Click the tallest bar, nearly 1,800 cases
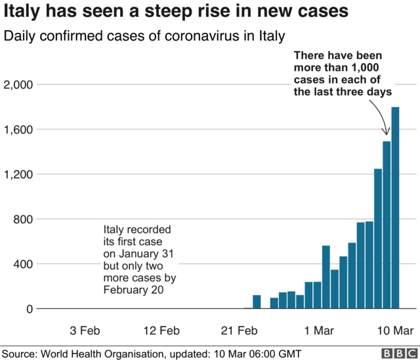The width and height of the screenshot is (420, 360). (396, 208)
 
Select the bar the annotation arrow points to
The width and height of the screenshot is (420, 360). (387, 225)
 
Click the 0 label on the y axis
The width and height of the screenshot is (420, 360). (30, 309)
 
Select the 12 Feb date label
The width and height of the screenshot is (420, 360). (161, 330)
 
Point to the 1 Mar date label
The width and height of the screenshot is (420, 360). (318, 330)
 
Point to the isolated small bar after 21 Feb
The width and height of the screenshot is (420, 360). (257, 302)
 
